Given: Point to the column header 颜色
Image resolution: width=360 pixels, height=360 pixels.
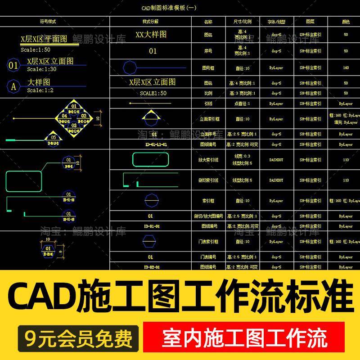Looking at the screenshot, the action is point(346,22).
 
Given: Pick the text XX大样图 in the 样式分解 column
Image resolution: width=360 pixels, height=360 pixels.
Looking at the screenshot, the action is point(151,35).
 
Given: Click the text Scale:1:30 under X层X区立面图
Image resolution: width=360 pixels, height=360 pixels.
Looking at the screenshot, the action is point(41,69).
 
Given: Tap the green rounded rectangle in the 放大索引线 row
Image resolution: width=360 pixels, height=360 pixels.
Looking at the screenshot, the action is point(151,160).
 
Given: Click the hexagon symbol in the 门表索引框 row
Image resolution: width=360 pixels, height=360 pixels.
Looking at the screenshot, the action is point(151,242).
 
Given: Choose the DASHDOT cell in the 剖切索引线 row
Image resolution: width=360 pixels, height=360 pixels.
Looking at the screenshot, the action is point(276,180).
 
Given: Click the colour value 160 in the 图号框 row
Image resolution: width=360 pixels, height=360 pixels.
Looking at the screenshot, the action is point(346,68).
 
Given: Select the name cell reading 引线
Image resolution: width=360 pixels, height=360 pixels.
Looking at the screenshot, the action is point(208,103).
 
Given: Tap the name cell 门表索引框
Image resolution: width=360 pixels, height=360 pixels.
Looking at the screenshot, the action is point(208,242).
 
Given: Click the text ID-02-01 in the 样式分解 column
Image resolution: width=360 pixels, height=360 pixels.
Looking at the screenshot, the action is point(152,267).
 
